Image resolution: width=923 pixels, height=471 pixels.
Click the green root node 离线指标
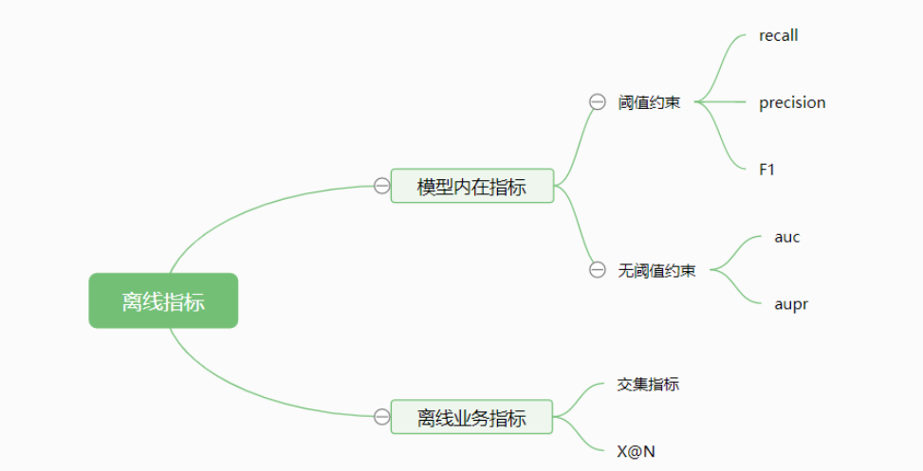pyautogui.click(x=163, y=300)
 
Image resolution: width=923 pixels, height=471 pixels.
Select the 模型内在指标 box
pyautogui.click(x=471, y=186)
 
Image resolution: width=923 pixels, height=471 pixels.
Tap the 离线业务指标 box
pyautogui.click(x=471, y=417)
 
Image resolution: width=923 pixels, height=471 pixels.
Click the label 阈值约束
pyautogui.click(x=649, y=102)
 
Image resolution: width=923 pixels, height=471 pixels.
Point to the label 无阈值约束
pyautogui.click(x=656, y=270)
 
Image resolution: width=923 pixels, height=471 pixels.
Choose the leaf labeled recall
pyautogui.click(x=778, y=35)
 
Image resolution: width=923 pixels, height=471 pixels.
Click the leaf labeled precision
pyautogui.click(x=792, y=102)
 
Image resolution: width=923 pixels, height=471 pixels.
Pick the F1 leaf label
pyautogui.click(x=766, y=170)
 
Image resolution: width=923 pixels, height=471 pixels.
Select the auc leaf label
pyautogui.click(x=786, y=237)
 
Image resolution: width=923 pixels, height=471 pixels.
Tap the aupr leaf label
pyautogui.click(x=790, y=304)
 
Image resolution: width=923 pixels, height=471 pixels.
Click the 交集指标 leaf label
pyautogui.click(x=648, y=384)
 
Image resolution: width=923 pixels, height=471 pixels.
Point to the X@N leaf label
pyautogui.click(x=636, y=451)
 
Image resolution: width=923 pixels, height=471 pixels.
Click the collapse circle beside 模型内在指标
pyautogui.click(x=381, y=186)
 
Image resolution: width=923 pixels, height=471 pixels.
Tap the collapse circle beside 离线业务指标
pyautogui.click(x=381, y=417)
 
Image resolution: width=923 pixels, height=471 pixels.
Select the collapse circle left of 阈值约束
pyautogui.click(x=597, y=102)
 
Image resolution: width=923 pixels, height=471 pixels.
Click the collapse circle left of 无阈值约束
pyautogui.click(x=597, y=270)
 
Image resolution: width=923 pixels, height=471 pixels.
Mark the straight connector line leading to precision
pyautogui.click(x=726, y=102)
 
